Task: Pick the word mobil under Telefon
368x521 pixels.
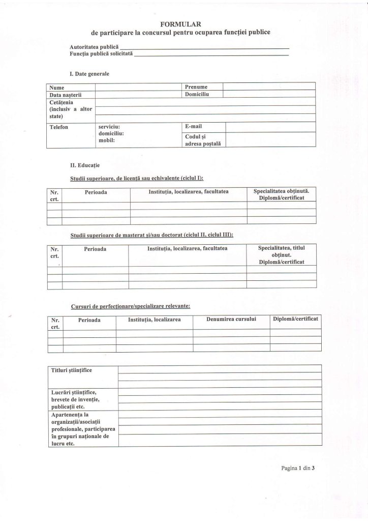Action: (x=107, y=141)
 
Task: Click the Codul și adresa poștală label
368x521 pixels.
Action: (x=199, y=140)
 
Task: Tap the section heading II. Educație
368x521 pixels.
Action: (x=85, y=165)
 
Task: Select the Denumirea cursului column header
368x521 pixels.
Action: (x=231, y=319)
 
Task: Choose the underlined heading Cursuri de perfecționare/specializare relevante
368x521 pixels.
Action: (x=130, y=306)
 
